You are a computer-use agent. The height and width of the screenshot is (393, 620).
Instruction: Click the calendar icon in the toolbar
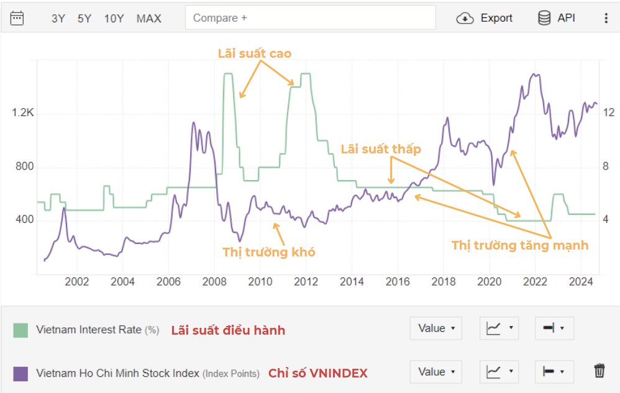17,18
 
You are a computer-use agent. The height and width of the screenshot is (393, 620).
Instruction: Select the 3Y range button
58,19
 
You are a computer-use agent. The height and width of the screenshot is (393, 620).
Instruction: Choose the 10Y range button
114,19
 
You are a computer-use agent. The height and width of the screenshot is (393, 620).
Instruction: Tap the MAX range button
149,19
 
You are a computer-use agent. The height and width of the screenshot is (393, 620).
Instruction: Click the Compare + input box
310,18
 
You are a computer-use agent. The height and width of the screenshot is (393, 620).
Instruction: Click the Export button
485,18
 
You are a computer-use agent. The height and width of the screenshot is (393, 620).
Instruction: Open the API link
557,18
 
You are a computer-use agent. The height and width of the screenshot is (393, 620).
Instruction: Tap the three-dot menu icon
606,18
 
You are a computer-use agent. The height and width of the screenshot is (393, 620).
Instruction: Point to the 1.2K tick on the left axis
22,113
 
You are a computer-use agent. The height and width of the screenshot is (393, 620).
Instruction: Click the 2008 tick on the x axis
214,282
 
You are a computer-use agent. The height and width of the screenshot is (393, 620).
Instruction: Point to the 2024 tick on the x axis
581,282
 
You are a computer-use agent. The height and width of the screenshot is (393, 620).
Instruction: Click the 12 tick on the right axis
609,112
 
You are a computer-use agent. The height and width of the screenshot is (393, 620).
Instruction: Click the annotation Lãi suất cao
254,53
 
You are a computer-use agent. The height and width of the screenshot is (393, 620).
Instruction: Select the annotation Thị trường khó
269,251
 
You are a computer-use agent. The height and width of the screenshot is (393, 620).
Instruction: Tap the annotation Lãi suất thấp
381,149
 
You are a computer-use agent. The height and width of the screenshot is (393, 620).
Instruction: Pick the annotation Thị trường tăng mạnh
519,245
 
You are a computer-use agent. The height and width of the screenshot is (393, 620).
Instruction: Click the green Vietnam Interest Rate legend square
21,330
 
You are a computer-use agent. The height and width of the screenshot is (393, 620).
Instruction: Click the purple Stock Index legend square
21,374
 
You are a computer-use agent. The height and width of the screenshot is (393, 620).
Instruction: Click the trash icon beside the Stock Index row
599,371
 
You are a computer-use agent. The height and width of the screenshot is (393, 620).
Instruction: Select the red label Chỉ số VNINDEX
317,373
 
